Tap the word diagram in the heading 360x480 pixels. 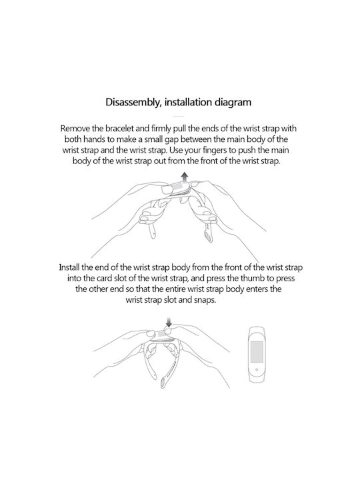pyautogui.click(x=233, y=102)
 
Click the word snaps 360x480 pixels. pyautogui.click(x=205, y=300)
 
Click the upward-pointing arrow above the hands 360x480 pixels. pyautogui.click(x=185, y=177)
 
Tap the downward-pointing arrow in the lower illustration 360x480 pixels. pyautogui.click(x=169, y=322)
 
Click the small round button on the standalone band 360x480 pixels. pyautogui.click(x=257, y=369)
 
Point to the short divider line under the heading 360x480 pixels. pyautogui.click(x=179, y=116)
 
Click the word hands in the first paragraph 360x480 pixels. pyautogui.click(x=94, y=139)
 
